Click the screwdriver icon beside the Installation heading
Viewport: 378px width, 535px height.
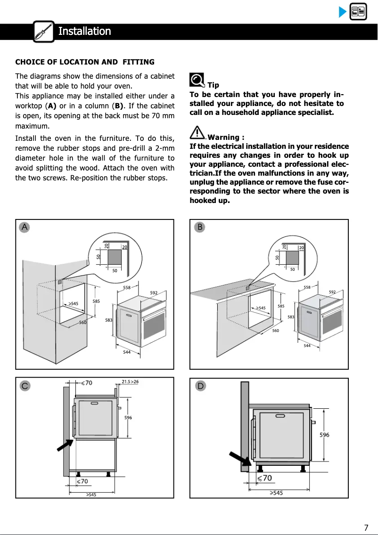(x=44, y=32)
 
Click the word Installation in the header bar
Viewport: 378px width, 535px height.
(x=84, y=32)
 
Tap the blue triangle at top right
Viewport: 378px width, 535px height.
(x=343, y=12)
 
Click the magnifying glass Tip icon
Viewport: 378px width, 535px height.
(x=197, y=81)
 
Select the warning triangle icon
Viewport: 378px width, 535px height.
(x=198, y=133)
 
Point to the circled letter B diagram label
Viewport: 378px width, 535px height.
(x=200, y=227)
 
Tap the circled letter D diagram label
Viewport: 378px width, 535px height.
(x=201, y=386)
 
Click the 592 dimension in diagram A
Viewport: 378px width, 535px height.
(x=154, y=293)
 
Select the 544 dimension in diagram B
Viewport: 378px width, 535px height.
(x=307, y=346)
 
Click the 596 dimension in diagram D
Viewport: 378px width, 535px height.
(x=324, y=435)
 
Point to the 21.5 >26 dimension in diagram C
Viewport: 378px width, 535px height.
(x=130, y=381)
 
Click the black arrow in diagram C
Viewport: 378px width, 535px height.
(x=65, y=445)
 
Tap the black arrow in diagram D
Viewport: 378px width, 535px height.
(x=239, y=461)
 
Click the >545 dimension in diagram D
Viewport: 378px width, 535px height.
(x=276, y=493)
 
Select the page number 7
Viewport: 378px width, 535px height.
(x=366, y=527)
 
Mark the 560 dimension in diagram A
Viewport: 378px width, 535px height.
(x=82, y=323)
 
